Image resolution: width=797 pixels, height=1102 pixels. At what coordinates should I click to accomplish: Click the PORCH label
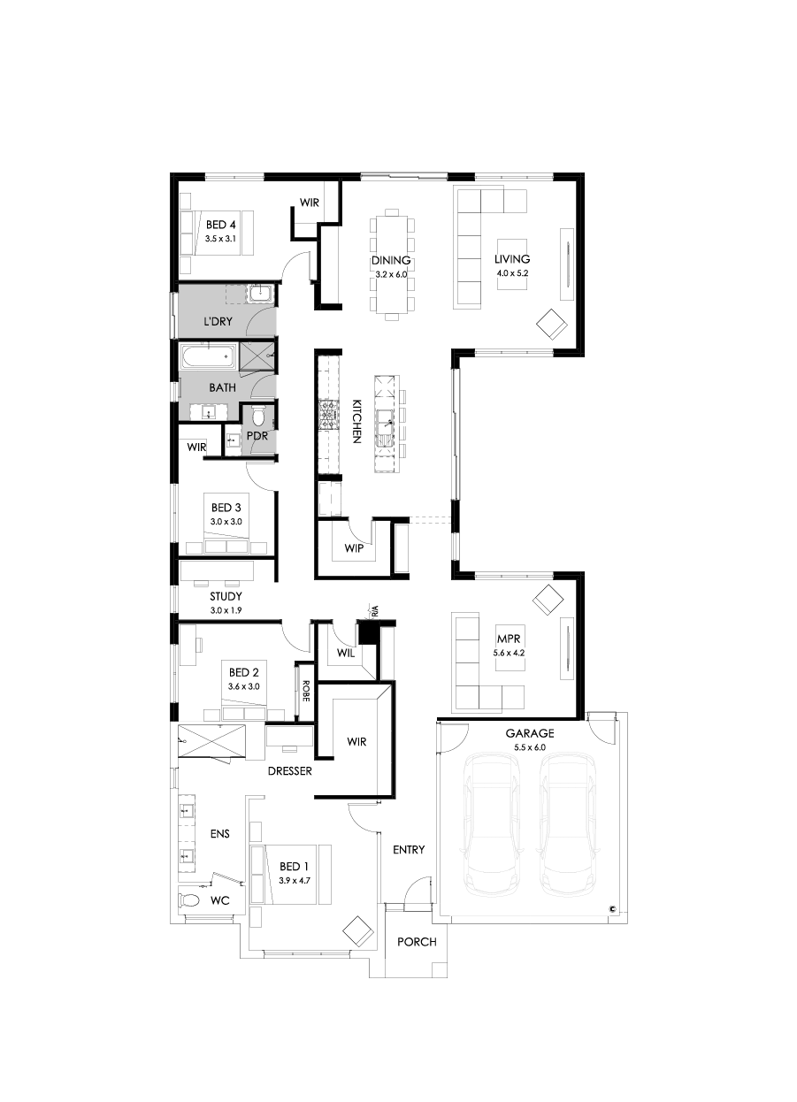tap(417, 942)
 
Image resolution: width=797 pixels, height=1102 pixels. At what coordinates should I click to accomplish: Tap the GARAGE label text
tap(530, 733)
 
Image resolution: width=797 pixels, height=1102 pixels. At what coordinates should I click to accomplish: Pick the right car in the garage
tap(567, 822)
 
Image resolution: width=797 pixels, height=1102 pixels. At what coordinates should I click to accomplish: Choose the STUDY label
tap(226, 597)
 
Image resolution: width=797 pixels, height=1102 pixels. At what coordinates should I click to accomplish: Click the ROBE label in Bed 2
tap(304, 690)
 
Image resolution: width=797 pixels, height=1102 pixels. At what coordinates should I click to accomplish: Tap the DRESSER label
tap(290, 771)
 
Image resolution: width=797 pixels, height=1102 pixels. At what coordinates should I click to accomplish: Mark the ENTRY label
tap(409, 850)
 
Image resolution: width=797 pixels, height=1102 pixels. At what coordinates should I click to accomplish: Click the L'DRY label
tap(218, 322)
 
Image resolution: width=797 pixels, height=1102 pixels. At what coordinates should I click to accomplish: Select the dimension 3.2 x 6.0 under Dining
tap(391, 275)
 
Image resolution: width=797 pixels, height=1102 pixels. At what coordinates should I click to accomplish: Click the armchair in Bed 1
tap(358, 930)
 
